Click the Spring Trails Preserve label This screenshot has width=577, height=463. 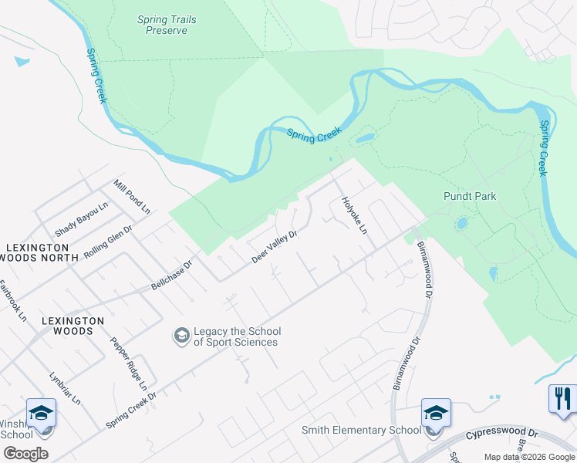click(163, 25)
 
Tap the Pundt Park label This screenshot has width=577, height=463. click(470, 196)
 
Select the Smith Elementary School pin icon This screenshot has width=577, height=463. click(436, 413)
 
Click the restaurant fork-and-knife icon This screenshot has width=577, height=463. click(562, 398)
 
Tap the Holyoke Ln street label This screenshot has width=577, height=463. click(354, 215)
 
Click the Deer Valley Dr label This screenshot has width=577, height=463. click(275, 246)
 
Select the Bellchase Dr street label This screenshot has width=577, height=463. click(171, 275)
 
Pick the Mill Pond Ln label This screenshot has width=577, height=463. click(132, 197)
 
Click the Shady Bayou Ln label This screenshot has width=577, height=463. click(81, 218)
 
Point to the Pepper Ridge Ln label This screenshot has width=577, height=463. click(128, 363)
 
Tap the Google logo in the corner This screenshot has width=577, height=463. click(25, 453)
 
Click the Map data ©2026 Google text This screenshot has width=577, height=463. click(529, 457)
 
